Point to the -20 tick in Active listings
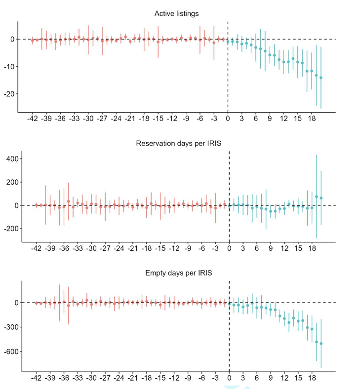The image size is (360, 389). [x=9, y=94]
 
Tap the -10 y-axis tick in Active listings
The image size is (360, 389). [x=9, y=67]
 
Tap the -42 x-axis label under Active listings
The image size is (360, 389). [x=33, y=119]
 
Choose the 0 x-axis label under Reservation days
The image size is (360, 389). [x=229, y=249]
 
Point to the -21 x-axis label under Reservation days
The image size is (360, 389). [x=133, y=249]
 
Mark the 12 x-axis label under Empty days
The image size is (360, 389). [x=284, y=379]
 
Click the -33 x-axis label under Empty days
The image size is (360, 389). [x=78, y=379]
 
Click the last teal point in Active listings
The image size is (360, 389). [x=321, y=78]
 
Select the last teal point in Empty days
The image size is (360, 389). [x=321, y=343]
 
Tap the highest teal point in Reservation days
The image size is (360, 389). [x=317, y=196]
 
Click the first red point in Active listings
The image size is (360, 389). [x=33, y=40]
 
